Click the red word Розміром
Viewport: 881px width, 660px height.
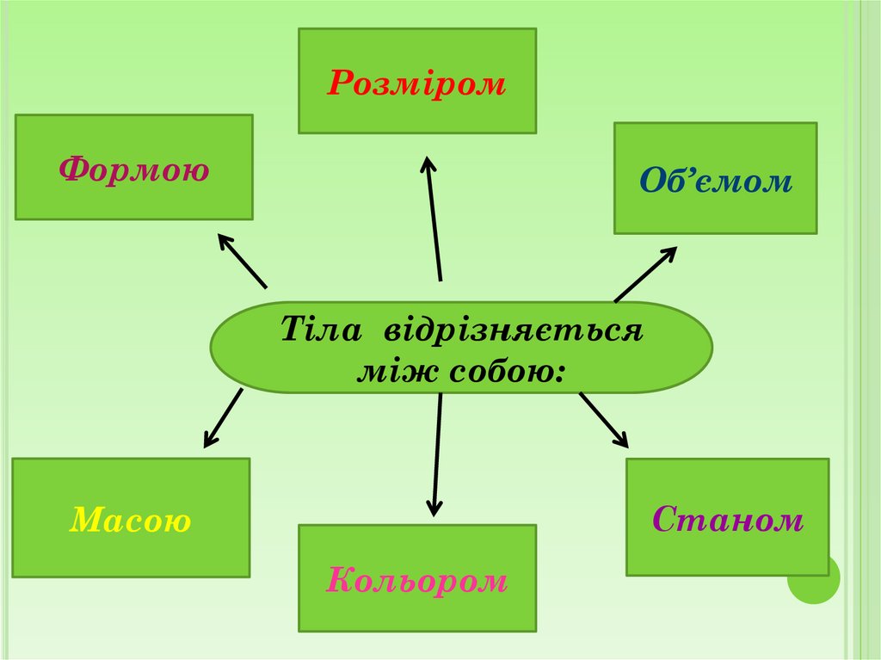point(416,83)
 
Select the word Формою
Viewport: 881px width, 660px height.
point(134,170)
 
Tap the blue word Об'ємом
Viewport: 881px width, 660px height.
point(715,181)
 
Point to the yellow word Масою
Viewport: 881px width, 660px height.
point(131,520)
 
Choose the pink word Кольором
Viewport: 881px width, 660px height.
point(417,581)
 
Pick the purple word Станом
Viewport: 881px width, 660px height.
point(728,519)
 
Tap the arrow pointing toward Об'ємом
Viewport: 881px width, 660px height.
point(645,274)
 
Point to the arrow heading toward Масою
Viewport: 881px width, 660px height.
point(222,418)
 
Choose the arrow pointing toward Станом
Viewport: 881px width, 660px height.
point(604,420)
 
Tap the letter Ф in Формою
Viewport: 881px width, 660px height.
point(71,170)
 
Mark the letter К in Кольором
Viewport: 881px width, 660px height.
point(338,581)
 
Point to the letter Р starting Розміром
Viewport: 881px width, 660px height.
point(338,83)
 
